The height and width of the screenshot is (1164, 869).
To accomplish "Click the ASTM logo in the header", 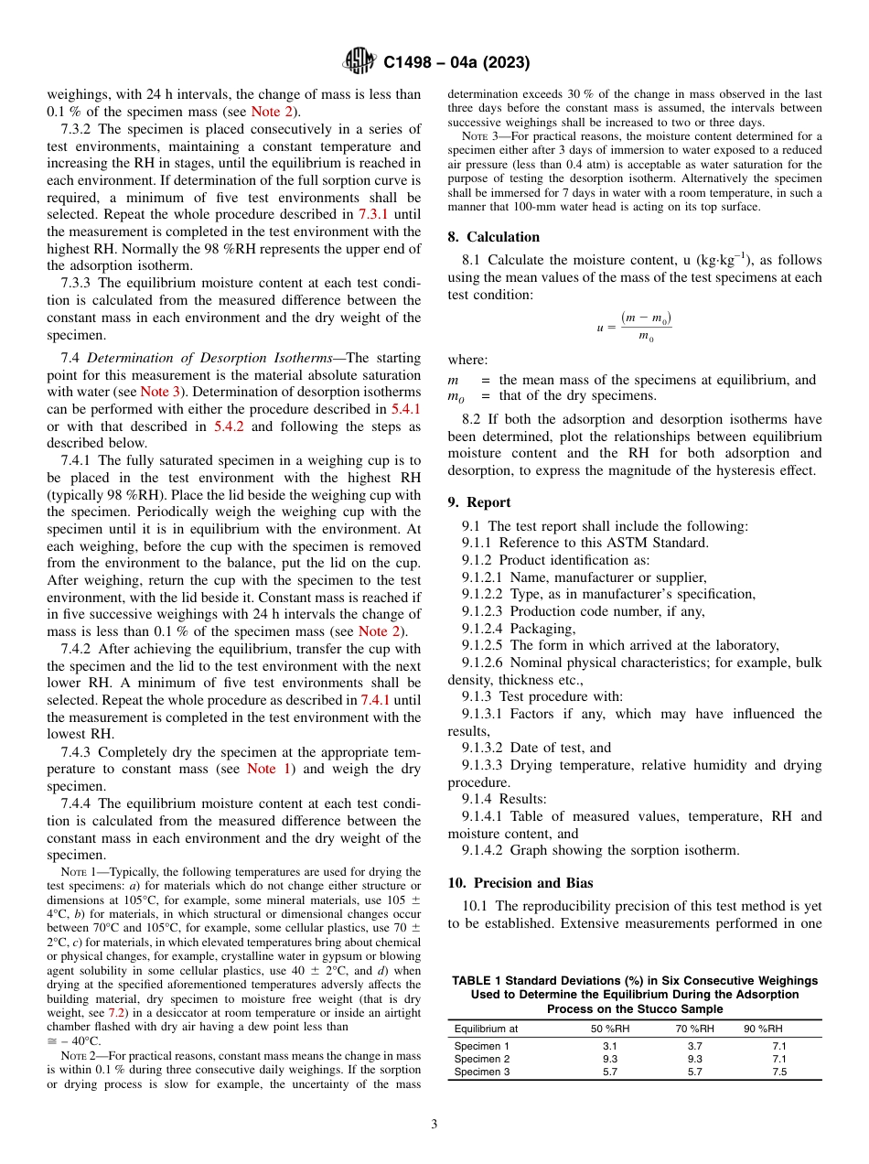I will [359, 61].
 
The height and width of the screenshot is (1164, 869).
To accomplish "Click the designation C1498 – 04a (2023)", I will [456, 63].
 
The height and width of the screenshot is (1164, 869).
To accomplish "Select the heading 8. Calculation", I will [493, 236].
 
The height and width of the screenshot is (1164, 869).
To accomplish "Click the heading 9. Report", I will [479, 501].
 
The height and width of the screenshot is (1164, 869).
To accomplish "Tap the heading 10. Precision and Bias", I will [520, 883].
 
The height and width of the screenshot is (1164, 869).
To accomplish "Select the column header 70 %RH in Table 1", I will [694, 1029].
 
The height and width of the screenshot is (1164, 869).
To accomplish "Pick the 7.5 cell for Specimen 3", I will [778, 1072].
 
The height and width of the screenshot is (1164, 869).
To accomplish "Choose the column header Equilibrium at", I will [486, 1029].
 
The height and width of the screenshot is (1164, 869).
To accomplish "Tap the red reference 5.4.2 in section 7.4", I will [230, 426].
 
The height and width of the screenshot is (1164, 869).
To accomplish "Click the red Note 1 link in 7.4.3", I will [269, 769].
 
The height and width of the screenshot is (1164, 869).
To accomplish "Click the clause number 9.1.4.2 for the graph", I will [486, 849].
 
